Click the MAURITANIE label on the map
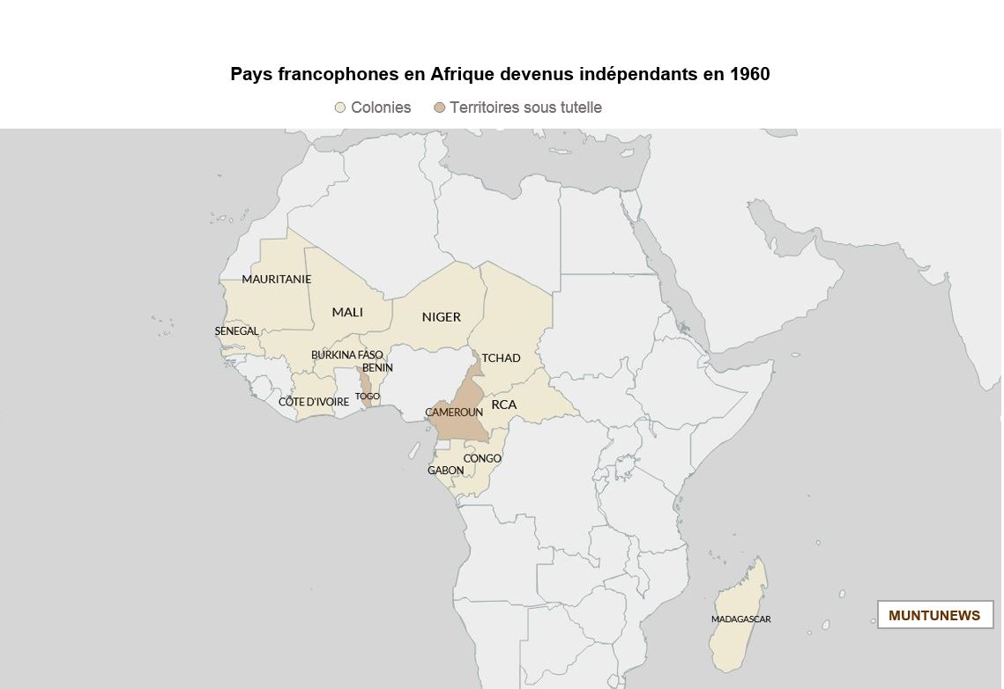point(276,279)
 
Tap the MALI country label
point(347,312)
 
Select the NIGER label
point(441,317)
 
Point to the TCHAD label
point(501,358)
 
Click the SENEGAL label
point(236,331)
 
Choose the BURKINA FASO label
point(346,355)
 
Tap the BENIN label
point(377,367)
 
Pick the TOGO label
point(368,396)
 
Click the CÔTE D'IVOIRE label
point(314,402)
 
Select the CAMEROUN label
point(454,412)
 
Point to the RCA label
point(504,404)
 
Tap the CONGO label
point(482,459)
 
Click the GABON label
point(445,470)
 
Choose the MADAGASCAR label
point(740,619)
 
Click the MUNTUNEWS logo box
point(934,615)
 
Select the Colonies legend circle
point(339,107)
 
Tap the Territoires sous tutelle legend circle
point(439,107)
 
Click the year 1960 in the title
point(749,74)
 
